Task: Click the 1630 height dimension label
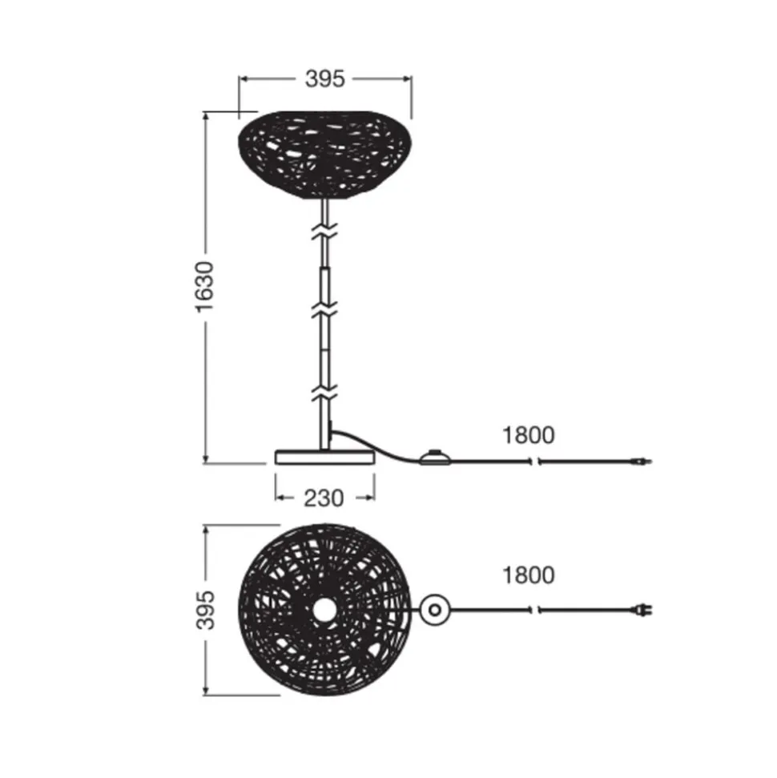pos(205,287)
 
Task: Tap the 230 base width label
pos(324,498)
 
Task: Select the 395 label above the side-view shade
pos(325,79)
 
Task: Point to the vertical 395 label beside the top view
pos(205,610)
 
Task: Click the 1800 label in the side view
pos(529,435)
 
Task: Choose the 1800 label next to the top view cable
pos(529,575)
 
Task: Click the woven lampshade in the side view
pos(325,155)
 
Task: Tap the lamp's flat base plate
pos(325,458)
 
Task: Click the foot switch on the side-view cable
pos(435,457)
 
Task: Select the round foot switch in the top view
pos(435,610)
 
